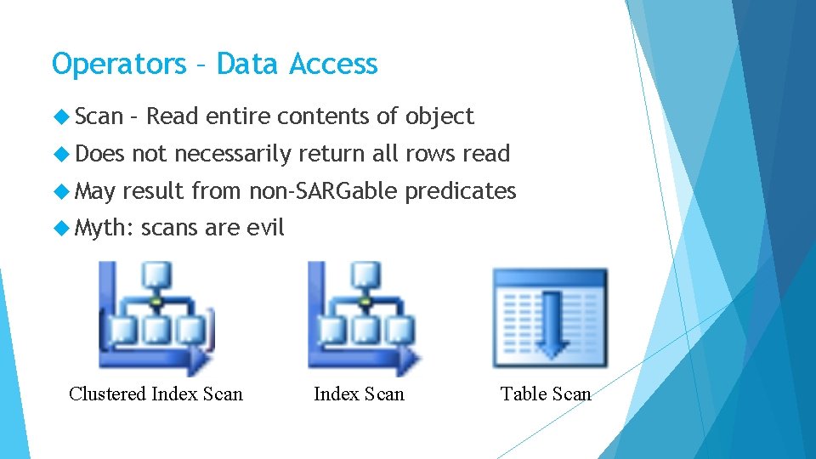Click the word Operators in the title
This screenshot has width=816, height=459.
(x=119, y=65)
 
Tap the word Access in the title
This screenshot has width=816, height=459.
(x=333, y=65)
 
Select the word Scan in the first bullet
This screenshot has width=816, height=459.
(x=99, y=116)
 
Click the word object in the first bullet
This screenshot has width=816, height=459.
(x=440, y=116)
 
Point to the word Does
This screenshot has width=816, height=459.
(x=99, y=154)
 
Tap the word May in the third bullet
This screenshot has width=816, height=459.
(x=95, y=191)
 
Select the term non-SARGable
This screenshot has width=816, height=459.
(x=323, y=191)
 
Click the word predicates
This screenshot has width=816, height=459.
(x=461, y=191)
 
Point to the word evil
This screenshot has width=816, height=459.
(x=265, y=228)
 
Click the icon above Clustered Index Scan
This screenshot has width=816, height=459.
(x=156, y=318)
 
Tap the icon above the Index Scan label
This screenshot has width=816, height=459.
(x=364, y=318)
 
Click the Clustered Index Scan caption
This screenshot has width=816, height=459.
(x=156, y=394)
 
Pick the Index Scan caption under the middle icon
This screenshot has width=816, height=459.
(x=359, y=394)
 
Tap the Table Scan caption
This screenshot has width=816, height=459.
(x=545, y=394)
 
